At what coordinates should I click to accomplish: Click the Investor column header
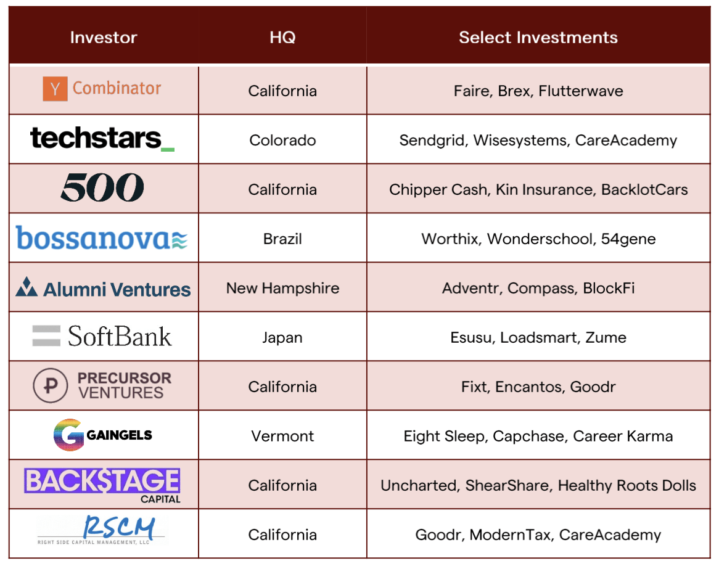[103, 37]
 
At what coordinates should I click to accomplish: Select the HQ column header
[282, 37]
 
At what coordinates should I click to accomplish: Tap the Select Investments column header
[538, 37]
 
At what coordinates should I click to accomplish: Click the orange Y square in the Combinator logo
[55, 89]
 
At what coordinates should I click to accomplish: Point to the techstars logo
[102, 138]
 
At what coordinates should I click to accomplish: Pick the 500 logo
[102, 187]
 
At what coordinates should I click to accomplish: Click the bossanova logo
[102, 238]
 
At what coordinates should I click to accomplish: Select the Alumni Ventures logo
[103, 288]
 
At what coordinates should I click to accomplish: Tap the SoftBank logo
[102, 336]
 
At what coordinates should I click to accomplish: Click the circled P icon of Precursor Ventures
[50, 386]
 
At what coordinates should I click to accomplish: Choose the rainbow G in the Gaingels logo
[66, 435]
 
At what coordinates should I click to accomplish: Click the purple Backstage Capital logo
[102, 483]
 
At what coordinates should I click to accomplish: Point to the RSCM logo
[102, 531]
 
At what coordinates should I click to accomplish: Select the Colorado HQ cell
[282, 140]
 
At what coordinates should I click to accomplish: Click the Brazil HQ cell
[282, 239]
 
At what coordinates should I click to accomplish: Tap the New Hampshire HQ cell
[282, 288]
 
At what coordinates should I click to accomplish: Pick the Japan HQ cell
[282, 337]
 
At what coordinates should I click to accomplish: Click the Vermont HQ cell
[282, 436]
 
